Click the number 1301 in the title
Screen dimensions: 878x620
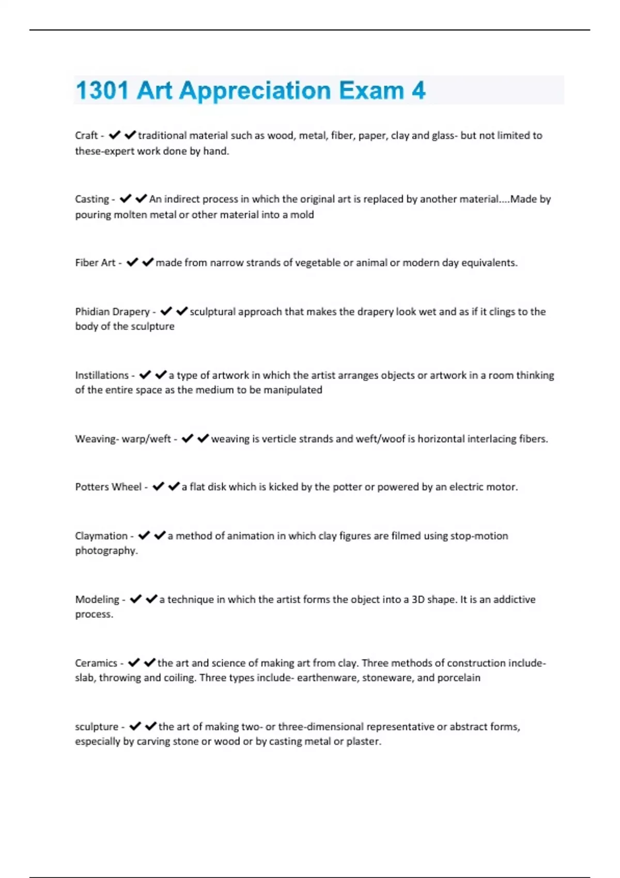coord(102,90)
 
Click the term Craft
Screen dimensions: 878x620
coord(86,135)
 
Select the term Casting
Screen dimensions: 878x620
coord(92,199)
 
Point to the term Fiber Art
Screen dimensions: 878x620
coord(95,262)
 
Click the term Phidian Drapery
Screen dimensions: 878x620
coord(112,311)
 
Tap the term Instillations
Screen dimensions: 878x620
coord(102,375)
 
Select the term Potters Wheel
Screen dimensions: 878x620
coord(108,487)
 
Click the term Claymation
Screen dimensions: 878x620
coord(101,536)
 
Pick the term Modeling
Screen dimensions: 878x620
coord(97,599)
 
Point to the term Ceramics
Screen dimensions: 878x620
coord(96,663)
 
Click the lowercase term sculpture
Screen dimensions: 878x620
coord(97,726)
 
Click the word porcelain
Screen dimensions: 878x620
coord(459,678)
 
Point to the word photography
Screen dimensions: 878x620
coord(106,551)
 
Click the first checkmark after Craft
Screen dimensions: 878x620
coord(114,135)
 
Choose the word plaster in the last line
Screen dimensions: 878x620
coord(362,741)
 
